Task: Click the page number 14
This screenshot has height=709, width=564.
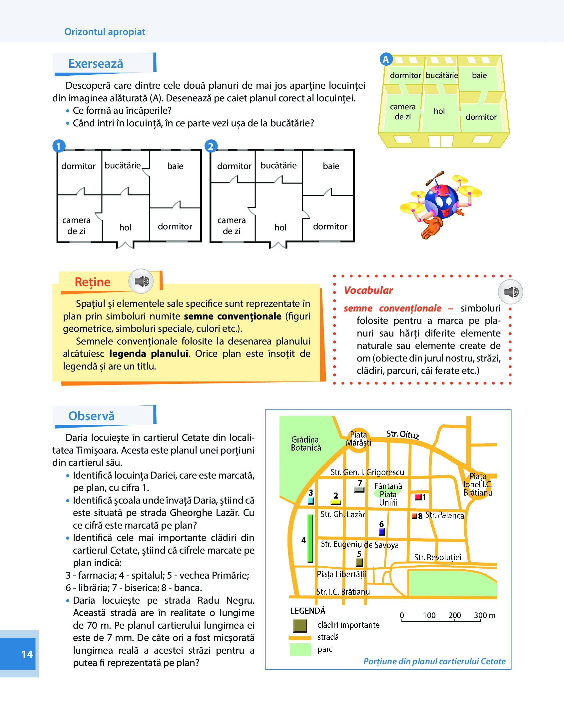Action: pyautogui.click(x=27, y=654)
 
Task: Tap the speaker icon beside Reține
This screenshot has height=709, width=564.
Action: pyautogui.click(x=141, y=281)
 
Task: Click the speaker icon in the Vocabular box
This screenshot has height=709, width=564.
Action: pyautogui.click(x=510, y=292)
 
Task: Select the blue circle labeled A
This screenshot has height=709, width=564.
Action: pyautogui.click(x=386, y=60)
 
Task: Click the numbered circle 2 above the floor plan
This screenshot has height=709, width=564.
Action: pyautogui.click(x=211, y=146)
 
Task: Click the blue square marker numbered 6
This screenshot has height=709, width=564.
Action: pyautogui.click(x=382, y=532)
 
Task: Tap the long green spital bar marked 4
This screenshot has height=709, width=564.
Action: pyautogui.click(x=310, y=538)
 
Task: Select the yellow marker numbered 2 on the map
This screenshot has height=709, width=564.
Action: pyautogui.click(x=335, y=502)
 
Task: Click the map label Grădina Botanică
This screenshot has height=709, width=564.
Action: pyautogui.click(x=305, y=444)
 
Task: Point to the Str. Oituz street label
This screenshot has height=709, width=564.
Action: pyautogui.click(x=402, y=434)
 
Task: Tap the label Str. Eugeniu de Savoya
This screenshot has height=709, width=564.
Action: pyautogui.click(x=359, y=544)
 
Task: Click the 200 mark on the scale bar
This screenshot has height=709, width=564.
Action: pyautogui.click(x=454, y=615)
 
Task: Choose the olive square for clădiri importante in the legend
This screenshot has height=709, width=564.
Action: pyautogui.click(x=300, y=626)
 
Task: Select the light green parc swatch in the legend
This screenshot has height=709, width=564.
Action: pyautogui.click(x=300, y=650)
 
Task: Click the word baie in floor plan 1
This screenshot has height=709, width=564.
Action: pyautogui.click(x=175, y=166)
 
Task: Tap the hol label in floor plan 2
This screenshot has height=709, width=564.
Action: pyautogui.click(x=281, y=227)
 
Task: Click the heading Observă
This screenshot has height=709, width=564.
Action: pyautogui.click(x=91, y=416)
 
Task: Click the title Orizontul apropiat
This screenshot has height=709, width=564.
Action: pyautogui.click(x=105, y=32)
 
